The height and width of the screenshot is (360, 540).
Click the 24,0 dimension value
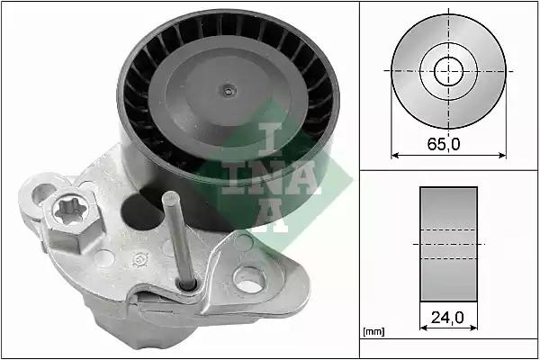tap(448, 317)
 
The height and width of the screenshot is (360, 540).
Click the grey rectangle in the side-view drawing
tap(448, 243)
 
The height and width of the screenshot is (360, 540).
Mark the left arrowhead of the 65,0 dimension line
tap(394, 155)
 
